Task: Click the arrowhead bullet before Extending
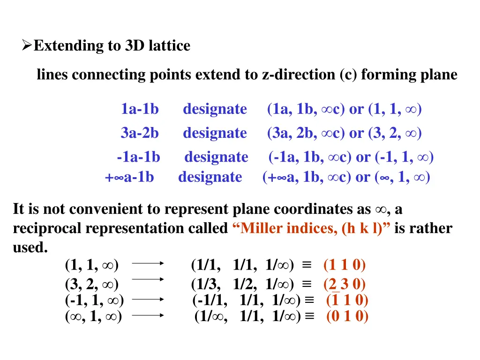tap(27, 46)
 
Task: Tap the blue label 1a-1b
tap(140, 109)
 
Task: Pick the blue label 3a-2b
tap(140, 133)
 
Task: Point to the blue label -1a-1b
tap(138, 157)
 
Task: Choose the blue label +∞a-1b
tap(129, 177)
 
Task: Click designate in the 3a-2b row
tap(215, 133)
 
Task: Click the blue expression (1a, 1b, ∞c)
tap(306, 109)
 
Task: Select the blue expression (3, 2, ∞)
tap(395, 133)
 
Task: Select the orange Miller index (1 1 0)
tap(345, 265)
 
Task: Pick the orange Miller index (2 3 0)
tap(345, 285)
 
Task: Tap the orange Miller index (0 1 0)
tap(347, 317)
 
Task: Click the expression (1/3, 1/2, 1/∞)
tap(242, 285)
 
